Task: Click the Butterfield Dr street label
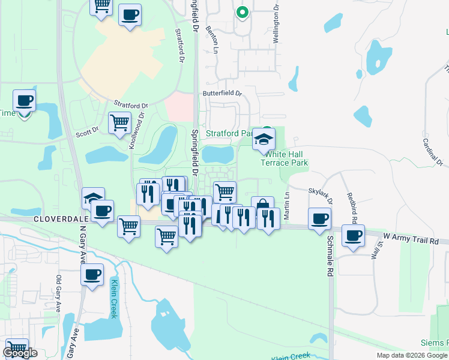(221, 94)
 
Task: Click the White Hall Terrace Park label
(284, 158)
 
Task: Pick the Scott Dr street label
(87, 131)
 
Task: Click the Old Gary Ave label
(58, 293)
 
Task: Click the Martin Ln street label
(287, 203)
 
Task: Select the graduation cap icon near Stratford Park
(262, 139)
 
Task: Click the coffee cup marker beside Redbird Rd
(353, 235)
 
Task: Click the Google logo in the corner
(20, 353)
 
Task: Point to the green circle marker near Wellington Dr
(242, 12)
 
